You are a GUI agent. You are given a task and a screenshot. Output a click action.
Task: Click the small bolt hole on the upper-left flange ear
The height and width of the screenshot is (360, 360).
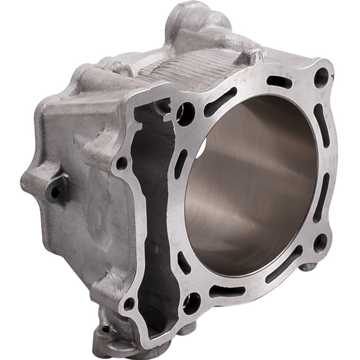pos(122,164)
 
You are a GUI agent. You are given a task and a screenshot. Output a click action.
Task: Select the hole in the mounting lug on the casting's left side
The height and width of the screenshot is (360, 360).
pos(55,192)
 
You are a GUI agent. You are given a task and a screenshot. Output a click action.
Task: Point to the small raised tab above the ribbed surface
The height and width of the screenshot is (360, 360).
pos(252,56)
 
